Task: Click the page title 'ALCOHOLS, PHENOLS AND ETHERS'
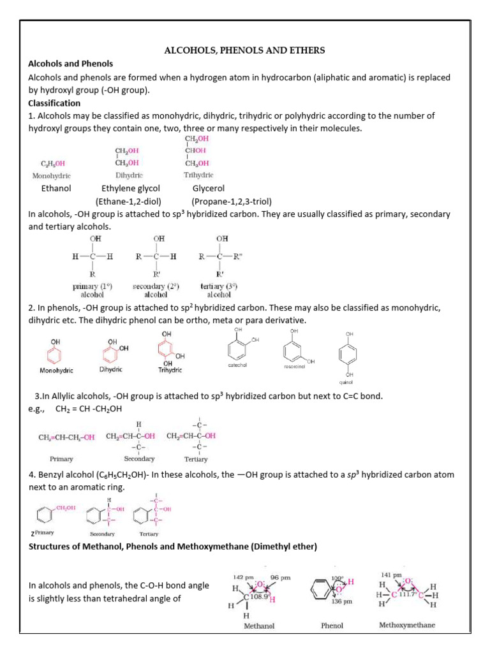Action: (245, 50)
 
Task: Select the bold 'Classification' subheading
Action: (54, 103)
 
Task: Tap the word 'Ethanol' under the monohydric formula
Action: (56, 188)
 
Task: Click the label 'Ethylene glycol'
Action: (131, 188)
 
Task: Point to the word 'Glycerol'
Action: (209, 188)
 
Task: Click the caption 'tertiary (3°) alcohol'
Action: (219, 290)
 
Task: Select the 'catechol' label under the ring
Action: (237, 365)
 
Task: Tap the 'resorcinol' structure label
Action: (295, 367)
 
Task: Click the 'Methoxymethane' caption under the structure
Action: (406, 625)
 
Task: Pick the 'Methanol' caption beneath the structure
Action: (260, 626)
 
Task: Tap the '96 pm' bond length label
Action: (280, 578)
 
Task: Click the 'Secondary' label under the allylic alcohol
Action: (140, 459)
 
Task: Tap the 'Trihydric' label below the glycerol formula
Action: (198, 175)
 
